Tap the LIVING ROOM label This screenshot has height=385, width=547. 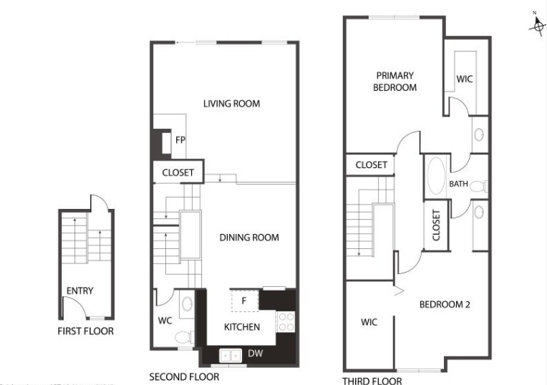(x=231, y=104)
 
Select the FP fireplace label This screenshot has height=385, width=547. (x=180, y=140)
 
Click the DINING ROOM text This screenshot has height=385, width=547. (x=249, y=238)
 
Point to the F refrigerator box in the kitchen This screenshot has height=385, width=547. (x=244, y=301)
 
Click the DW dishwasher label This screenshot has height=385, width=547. (x=255, y=354)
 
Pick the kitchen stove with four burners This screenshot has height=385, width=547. (x=286, y=321)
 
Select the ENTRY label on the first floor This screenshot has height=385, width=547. (x=79, y=291)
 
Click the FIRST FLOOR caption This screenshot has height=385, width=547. (x=85, y=331)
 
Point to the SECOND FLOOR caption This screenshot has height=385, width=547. (x=184, y=376)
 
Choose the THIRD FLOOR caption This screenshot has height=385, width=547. (x=372, y=381)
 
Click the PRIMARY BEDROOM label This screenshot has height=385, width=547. (x=395, y=81)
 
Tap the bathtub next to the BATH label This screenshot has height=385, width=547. (x=435, y=177)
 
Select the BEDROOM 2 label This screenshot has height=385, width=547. (x=444, y=304)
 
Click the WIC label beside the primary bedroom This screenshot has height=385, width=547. (x=465, y=78)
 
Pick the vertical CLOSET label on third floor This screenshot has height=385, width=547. (x=436, y=225)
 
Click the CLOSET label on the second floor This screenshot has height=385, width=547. (x=178, y=172)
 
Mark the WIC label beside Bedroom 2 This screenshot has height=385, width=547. (x=369, y=322)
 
